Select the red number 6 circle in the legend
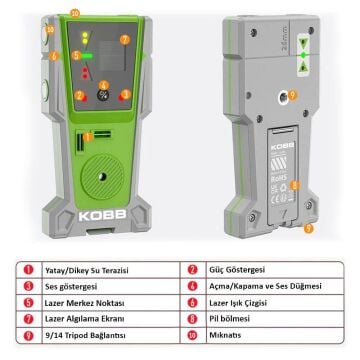(x=191, y=303)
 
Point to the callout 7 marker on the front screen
(x=124, y=40)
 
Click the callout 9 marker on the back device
(x=308, y=228)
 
